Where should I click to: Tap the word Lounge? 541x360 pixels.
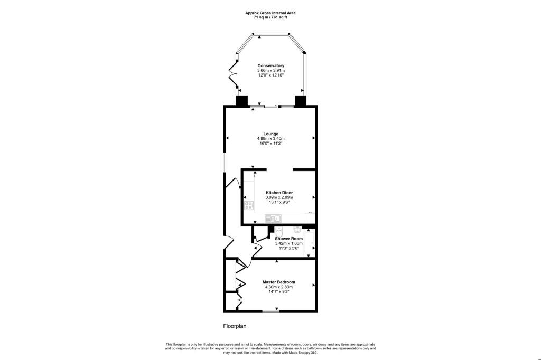[270, 134]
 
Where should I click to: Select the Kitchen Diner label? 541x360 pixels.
[279, 193]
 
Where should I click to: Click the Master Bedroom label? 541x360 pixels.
[278, 282]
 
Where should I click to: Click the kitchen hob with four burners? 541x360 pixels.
[249, 205]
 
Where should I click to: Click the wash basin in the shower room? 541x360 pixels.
[297, 229]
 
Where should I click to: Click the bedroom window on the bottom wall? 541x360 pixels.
[271, 311]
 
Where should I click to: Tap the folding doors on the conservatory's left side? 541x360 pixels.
[232, 77]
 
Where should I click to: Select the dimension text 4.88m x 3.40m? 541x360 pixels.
[270, 139]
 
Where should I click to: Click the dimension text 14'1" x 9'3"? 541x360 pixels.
[278, 292]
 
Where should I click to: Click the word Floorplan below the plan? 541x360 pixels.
[234, 326]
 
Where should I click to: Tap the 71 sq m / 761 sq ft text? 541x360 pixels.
[270, 17]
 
